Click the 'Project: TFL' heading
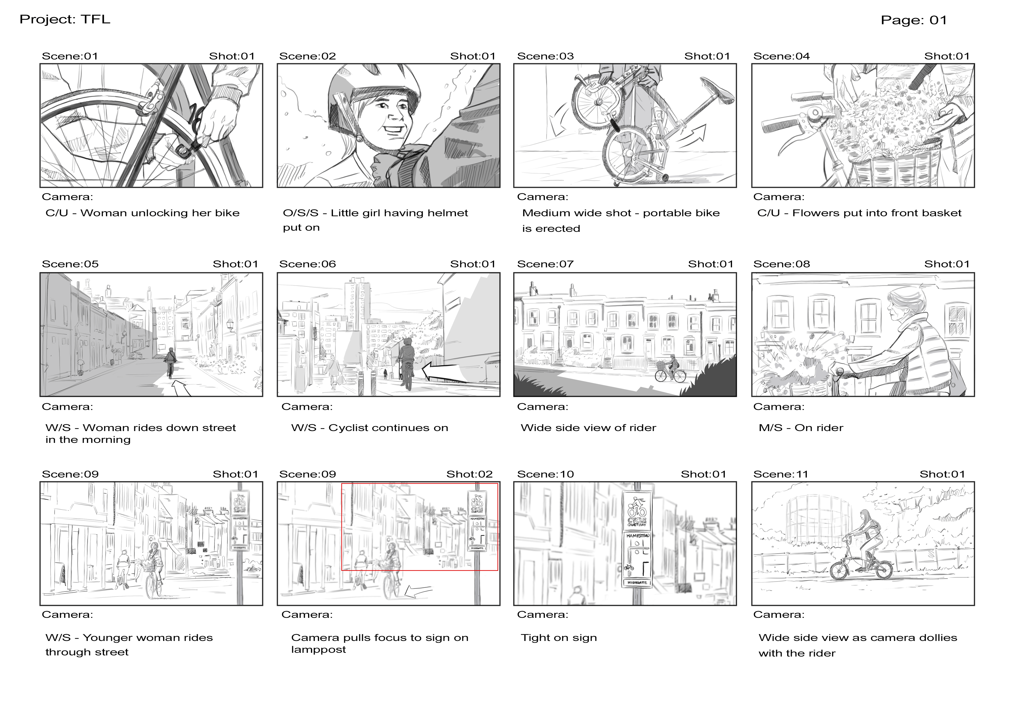click(65, 19)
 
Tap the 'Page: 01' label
click(914, 20)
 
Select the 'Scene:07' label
click(545, 264)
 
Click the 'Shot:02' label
click(470, 474)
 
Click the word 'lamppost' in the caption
click(319, 650)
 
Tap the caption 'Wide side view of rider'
click(588, 428)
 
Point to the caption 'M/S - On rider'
click(801, 428)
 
